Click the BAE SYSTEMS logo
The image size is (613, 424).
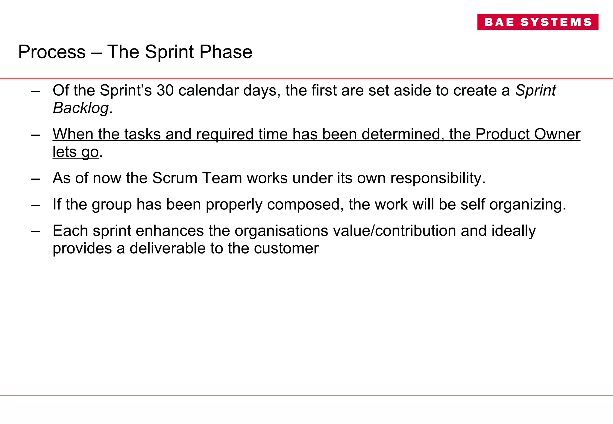(538, 22)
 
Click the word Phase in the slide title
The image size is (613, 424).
(226, 52)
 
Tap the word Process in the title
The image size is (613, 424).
(52, 52)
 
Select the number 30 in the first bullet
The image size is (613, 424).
(165, 90)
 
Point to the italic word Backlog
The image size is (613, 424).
(81, 108)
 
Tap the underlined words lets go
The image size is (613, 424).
(75, 152)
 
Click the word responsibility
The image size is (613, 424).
(438, 178)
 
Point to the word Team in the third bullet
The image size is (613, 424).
(222, 178)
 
